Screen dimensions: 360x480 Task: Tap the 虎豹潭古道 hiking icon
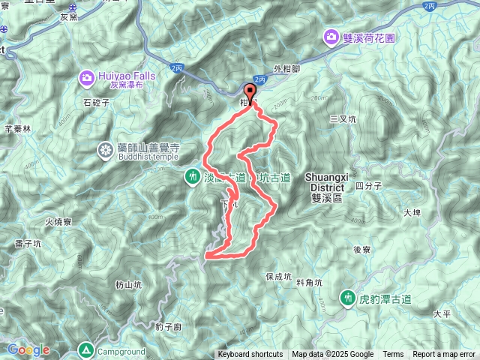point(347,298)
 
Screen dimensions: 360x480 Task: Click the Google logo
point(28,349)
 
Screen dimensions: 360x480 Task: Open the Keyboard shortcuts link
point(250,355)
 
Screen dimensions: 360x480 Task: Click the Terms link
point(393,355)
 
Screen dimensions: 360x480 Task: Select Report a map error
point(444,355)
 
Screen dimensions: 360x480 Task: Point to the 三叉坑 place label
point(343,118)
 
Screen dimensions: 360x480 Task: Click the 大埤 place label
point(412,213)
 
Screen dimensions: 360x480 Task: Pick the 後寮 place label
point(362,250)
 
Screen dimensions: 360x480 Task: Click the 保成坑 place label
point(278,276)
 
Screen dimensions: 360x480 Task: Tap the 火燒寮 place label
point(58,222)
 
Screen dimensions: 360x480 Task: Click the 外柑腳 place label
point(287,68)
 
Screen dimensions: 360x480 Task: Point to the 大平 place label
point(441,313)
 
